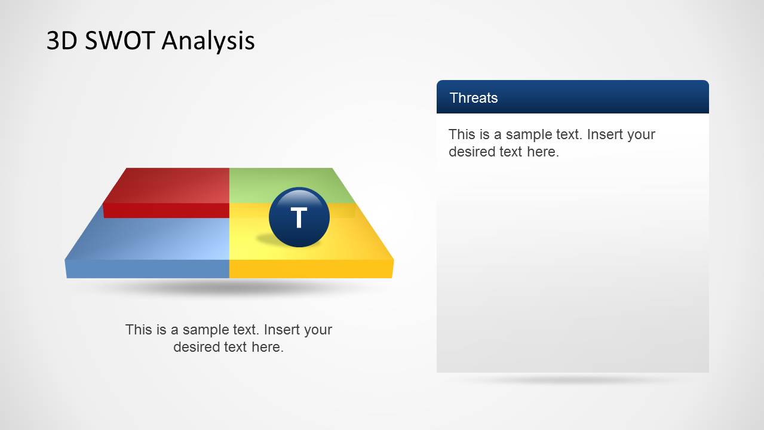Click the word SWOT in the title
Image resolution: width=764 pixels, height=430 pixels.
(119, 40)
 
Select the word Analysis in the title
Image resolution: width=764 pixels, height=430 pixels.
(208, 41)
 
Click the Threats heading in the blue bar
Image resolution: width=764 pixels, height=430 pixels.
(474, 98)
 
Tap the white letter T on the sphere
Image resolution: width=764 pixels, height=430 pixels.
(299, 217)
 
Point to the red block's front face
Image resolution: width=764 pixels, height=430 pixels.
(166, 211)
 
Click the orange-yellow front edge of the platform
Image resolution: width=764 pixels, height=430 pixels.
(311, 269)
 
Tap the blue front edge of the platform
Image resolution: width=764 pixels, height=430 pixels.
(148, 269)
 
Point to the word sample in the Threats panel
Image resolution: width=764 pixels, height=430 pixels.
(526, 135)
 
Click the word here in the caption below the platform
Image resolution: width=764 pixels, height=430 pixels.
(268, 347)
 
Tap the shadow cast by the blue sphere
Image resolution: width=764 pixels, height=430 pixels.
(273, 239)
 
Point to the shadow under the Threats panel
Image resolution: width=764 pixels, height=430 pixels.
(573, 379)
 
